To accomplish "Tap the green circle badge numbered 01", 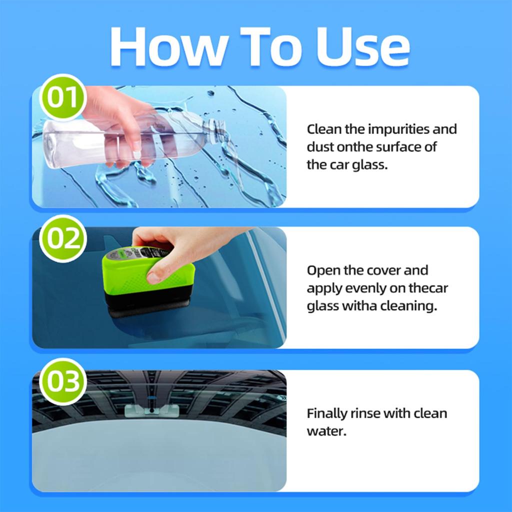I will click(x=63, y=97).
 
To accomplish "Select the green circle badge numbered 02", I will click(x=63, y=239).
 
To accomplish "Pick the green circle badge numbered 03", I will click(x=63, y=381).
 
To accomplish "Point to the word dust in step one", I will click(x=319, y=147).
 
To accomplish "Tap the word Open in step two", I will click(x=321, y=270).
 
